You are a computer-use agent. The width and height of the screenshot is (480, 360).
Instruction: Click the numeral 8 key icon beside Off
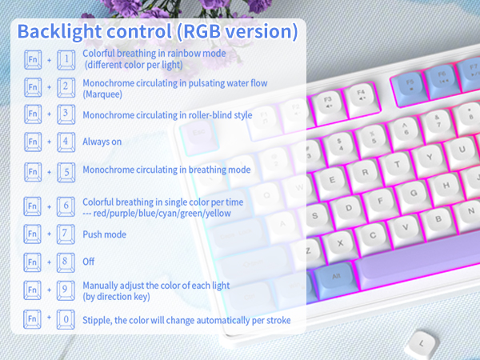click(x=67, y=262)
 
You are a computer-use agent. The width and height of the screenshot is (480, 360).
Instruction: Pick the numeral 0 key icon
click(x=67, y=320)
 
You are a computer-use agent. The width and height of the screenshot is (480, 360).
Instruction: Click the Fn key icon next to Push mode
click(x=32, y=235)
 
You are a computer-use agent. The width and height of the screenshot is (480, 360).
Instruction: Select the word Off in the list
click(x=89, y=262)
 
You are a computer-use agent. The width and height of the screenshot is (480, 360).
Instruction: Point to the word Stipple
click(x=98, y=320)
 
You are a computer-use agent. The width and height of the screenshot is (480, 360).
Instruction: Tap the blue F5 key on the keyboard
click(x=410, y=83)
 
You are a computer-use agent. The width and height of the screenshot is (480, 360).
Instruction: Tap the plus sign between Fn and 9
click(x=50, y=290)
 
